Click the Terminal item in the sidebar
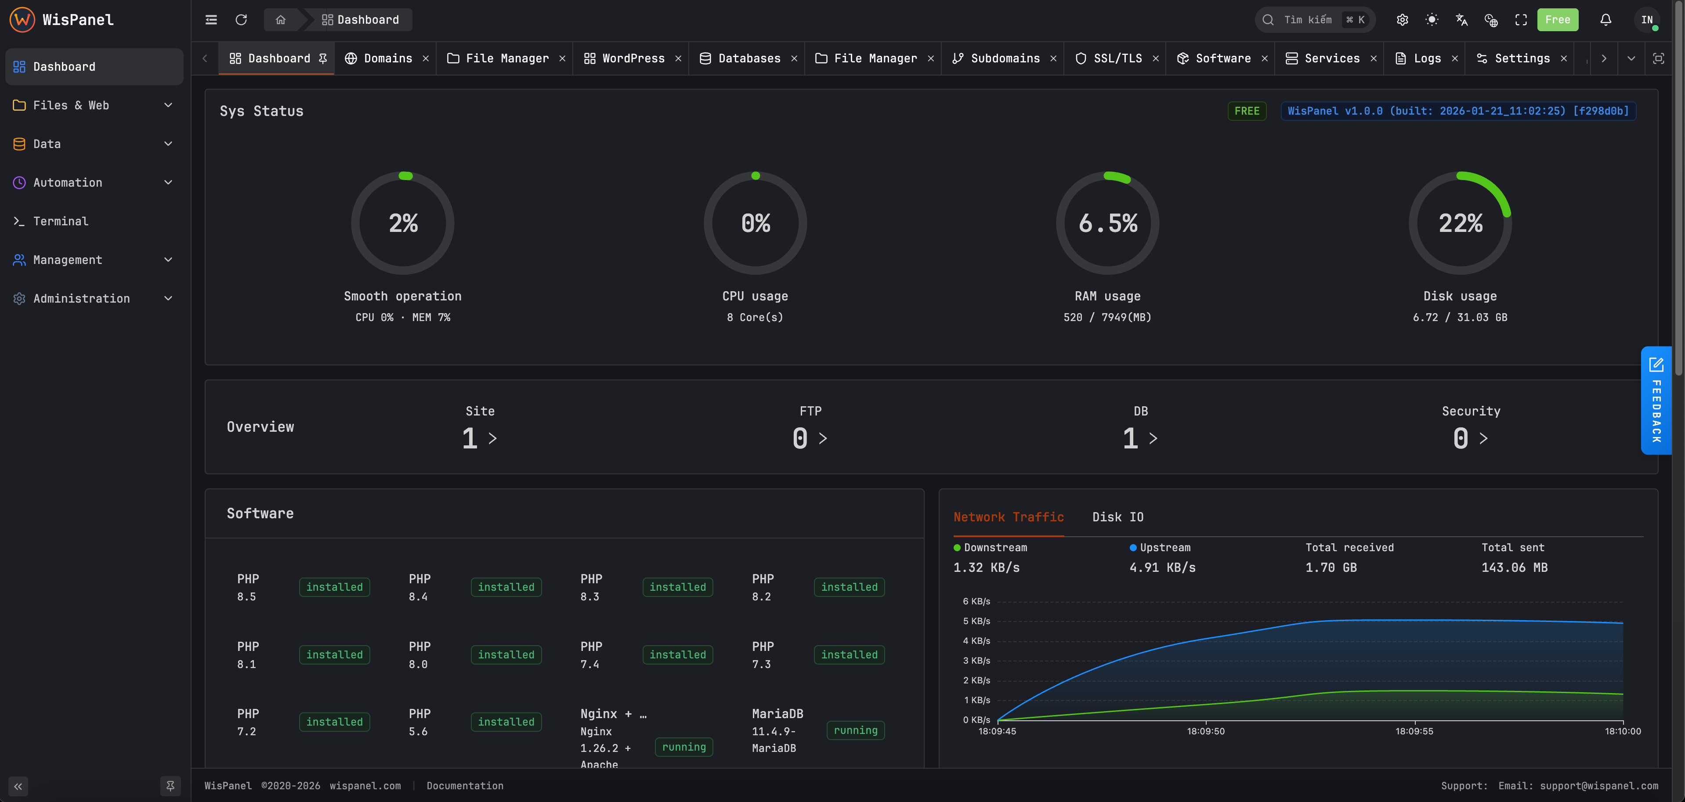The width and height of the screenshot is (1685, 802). click(x=60, y=221)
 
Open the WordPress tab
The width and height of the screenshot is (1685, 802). click(x=632, y=58)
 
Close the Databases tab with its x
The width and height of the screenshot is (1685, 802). click(x=794, y=58)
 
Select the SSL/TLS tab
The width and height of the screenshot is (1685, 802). click(x=1117, y=58)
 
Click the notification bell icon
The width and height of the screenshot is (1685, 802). click(x=1605, y=20)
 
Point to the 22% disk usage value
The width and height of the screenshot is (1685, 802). click(x=1460, y=223)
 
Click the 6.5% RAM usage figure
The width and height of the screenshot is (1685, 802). click(x=1107, y=223)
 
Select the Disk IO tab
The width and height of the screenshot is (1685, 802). click(x=1117, y=517)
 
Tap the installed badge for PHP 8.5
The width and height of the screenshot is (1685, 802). click(x=334, y=587)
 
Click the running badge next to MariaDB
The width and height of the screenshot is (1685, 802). click(x=855, y=730)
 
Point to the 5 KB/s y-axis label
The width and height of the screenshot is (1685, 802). click(x=976, y=621)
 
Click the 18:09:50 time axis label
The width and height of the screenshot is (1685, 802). click(x=1205, y=731)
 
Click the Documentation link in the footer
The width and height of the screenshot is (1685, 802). click(x=464, y=786)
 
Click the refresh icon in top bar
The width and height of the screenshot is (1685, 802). click(x=241, y=20)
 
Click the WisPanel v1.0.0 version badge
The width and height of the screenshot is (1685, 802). click(x=1458, y=111)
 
